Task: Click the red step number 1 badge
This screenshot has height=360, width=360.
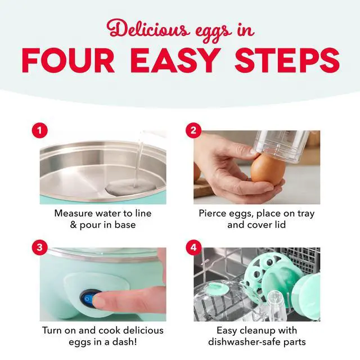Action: pos(40,130)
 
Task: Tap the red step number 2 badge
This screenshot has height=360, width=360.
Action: pos(193,130)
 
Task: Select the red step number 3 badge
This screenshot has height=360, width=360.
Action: pos(40,247)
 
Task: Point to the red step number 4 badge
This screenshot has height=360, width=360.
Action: pos(193,247)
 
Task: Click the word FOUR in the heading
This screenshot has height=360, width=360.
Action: pos(68,61)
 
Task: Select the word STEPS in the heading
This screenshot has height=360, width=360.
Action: pos(287,61)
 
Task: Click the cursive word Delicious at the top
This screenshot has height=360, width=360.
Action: pos(148,29)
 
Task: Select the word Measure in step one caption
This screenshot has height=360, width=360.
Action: pos(74,213)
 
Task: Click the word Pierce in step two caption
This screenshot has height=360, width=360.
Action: pos(212,213)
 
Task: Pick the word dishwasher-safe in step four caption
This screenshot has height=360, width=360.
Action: pos(244,342)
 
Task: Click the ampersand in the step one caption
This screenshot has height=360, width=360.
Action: pos(73,225)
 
